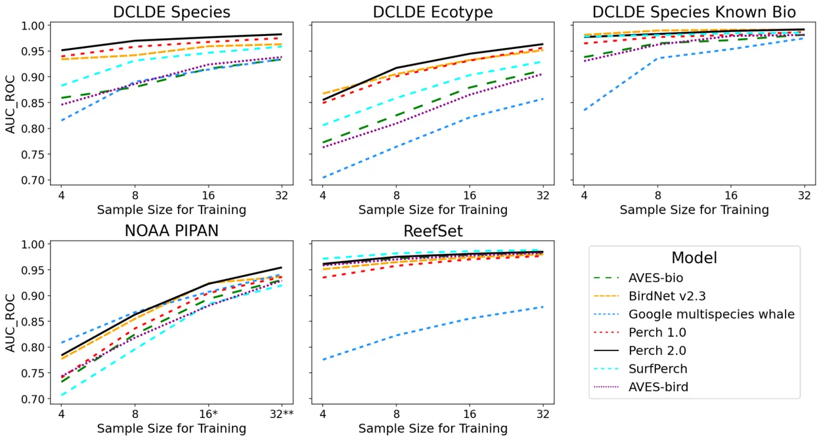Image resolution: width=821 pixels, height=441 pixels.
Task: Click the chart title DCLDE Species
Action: pyautogui.click(x=171, y=12)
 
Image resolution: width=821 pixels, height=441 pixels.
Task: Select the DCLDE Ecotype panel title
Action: pyautogui.click(x=433, y=12)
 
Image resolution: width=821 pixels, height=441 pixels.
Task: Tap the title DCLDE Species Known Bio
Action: pyautogui.click(x=694, y=12)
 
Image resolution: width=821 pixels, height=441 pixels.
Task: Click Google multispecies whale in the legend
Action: pyautogui.click(x=711, y=314)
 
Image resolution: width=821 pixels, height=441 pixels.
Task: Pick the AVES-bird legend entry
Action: pyautogui.click(x=658, y=387)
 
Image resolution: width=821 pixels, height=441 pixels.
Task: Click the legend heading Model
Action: pyautogui.click(x=694, y=258)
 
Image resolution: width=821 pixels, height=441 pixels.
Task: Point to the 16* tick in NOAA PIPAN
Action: pyautogui.click(x=208, y=414)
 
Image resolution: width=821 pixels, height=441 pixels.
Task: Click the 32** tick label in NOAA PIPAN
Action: pyautogui.click(x=282, y=414)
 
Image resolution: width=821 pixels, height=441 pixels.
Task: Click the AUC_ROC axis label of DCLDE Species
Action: pyautogui.click(x=10, y=103)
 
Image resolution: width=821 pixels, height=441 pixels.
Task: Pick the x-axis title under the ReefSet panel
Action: pyautogui.click(x=433, y=429)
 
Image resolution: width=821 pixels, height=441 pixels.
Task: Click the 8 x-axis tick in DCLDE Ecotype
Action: pyautogui.click(x=396, y=196)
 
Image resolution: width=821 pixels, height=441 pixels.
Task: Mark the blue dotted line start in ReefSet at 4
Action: pyautogui.click(x=323, y=359)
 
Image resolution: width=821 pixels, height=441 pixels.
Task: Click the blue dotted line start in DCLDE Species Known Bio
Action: pyautogui.click(x=585, y=110)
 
